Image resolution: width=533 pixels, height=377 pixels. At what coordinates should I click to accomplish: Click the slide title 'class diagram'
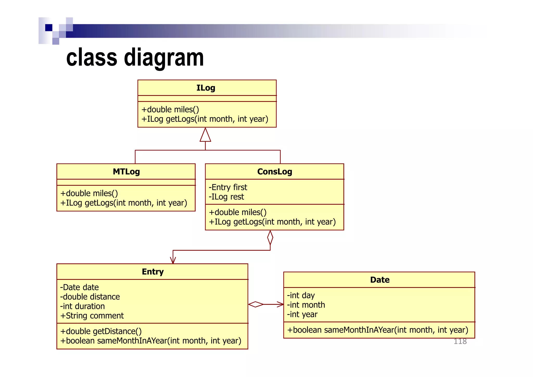coord(135,58)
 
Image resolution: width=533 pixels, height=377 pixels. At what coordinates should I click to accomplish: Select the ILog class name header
coord(206,88)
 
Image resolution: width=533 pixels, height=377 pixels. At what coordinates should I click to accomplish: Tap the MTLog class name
coord(126,172)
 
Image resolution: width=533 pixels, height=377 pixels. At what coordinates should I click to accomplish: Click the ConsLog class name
coord(275,172)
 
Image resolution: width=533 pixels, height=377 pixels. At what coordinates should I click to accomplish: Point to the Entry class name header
coord(153,272)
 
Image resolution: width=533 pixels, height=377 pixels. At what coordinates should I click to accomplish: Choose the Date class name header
coord(380,280)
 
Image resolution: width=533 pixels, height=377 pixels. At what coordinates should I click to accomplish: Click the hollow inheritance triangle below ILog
coord(205,135)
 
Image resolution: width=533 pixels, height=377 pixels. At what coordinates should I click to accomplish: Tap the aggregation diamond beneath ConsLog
coord(270,237)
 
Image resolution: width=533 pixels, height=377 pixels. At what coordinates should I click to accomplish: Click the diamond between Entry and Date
coord(256,304)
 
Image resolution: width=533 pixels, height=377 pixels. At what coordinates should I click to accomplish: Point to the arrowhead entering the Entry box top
coord(173,260)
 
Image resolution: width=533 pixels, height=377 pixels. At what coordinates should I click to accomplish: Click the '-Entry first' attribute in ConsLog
coord(228,187)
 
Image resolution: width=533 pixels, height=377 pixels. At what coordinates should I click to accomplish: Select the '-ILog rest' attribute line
coord(226,197)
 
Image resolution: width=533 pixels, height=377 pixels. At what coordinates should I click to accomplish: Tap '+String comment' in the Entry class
coord(92,316)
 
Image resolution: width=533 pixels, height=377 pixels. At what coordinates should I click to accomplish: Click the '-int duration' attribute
coord(83,306)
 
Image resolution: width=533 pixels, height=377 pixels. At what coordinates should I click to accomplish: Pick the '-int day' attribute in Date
coord(301,295)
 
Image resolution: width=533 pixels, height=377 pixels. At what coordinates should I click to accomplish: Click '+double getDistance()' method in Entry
coord(101,331)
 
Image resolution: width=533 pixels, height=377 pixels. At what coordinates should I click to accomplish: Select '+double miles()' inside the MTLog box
coord(89,193)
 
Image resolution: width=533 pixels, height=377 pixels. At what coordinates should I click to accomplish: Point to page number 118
coord(460,341)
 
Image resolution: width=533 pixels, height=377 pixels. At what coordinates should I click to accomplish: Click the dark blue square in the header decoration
coord(49,28)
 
